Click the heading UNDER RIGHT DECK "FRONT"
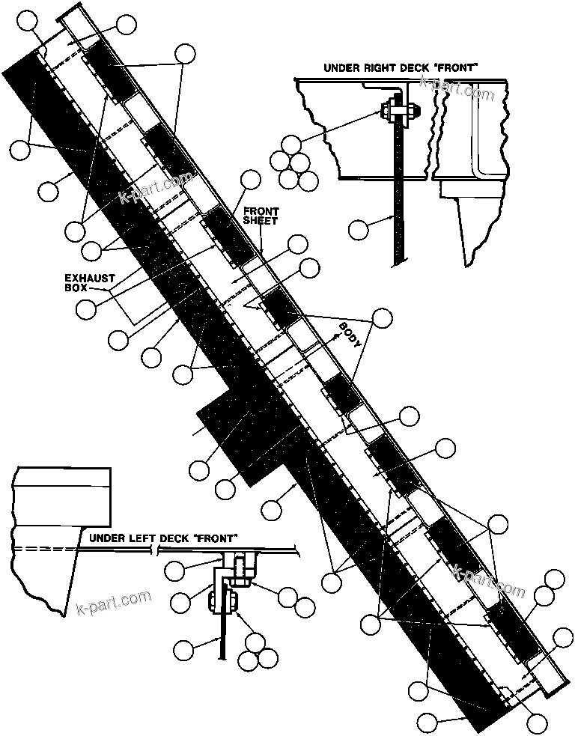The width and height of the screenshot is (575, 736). pos(401,67)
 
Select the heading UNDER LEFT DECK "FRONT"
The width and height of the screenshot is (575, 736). pos(163,538)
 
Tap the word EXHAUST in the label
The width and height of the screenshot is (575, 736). pos(90,278)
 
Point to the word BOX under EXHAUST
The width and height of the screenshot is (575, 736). pos(76,288)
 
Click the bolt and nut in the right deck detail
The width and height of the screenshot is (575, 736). pos(397,112)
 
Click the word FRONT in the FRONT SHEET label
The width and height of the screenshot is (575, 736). pos(260,211)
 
